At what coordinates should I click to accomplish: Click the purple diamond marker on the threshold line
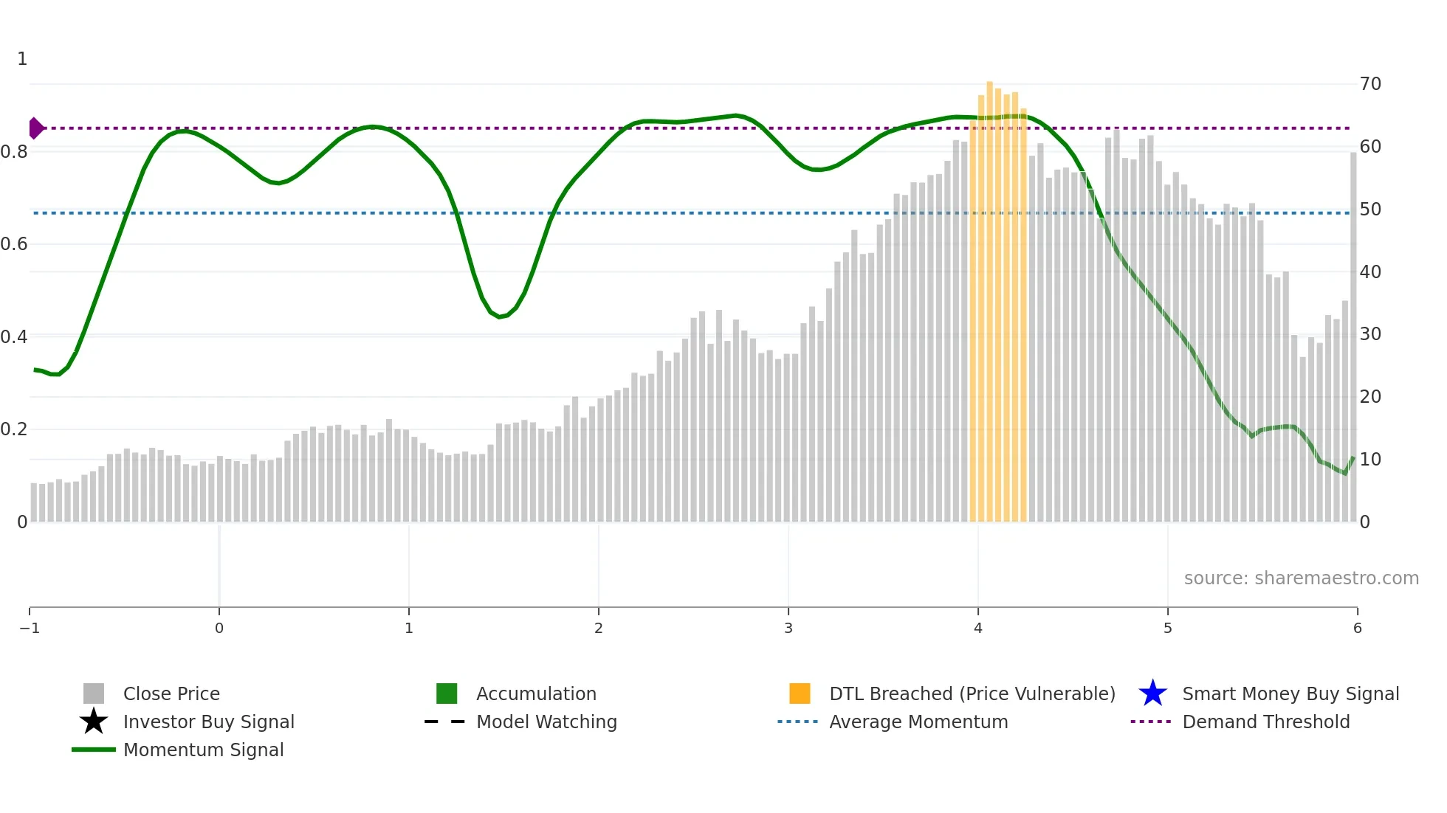tap(35, 128)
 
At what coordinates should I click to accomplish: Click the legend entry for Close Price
tap(171, 693)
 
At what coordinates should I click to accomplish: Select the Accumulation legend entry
tap(536, 693)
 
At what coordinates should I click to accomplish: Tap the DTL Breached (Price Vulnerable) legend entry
tap(972, 693)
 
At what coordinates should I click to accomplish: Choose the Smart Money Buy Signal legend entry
tap(1290, 693)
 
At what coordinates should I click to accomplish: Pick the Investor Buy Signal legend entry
tap(208, 722)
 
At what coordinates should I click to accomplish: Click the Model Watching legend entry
tap(546, 722)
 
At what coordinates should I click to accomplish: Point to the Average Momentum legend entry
tap(918, 722)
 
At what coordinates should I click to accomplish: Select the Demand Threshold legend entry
tap(1265, 722)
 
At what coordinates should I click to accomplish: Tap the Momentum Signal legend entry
tap(203, 750)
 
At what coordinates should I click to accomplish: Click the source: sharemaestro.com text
tap(1301, 578)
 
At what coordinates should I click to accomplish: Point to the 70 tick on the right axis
tap(1370, 84)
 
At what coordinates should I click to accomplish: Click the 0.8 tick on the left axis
tap(14, 152)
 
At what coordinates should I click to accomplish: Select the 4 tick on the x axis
tap(978, 628)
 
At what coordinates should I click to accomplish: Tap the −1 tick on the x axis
tap(30, 628)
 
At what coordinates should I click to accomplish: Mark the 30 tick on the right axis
tap(1370, 334)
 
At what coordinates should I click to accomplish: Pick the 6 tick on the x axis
tap(1357, 628)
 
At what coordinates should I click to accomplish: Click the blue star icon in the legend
tap(1152, 693)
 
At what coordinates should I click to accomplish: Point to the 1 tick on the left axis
tap(22, 59)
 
